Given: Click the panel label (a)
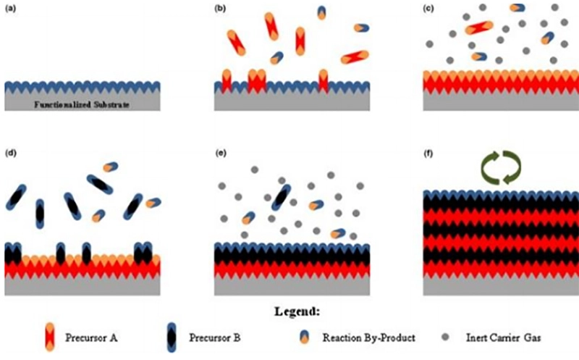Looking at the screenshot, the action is pos(10,8).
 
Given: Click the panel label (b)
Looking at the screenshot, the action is pos(220,8).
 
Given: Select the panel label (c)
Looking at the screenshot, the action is pos(428,8).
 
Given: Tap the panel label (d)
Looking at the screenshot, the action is pos(10,153).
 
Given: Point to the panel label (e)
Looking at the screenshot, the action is pos(221,153).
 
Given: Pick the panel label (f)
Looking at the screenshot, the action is pos(428,153).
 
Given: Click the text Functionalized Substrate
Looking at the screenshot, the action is pos(82,104).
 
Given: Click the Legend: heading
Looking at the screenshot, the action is pos(297,311).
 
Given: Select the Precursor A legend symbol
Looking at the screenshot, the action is pos(50,337).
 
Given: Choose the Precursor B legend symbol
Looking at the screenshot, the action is pos(172,337).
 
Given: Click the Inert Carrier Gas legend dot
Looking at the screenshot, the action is pos(446,337).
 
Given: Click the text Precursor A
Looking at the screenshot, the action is pos(92,338).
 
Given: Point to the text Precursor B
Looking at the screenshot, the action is pos(215,338).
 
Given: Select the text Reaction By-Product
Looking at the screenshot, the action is pos(369,338).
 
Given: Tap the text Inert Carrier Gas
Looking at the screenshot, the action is pos(503,338).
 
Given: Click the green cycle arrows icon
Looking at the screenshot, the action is pos(501,167).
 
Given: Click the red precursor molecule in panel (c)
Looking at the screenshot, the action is pos(479,28).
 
